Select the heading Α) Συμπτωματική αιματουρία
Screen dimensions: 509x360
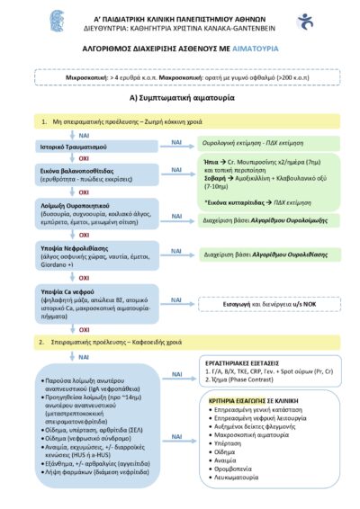point(179,97)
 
